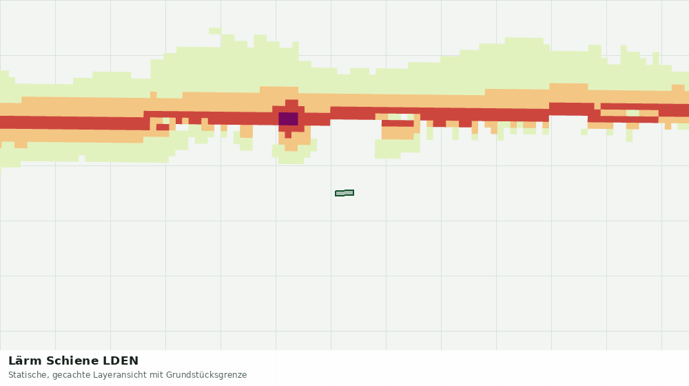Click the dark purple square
coord(288,119)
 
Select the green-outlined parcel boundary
coord(344,193)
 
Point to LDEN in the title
coord(121,361)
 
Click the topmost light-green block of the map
coord(215,31)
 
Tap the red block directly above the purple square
coord(291,103)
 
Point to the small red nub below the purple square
coord(288,135)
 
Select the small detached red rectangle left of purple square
coord(163,127)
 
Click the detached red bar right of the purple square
coord(398,123)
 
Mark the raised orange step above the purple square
coord(279,90)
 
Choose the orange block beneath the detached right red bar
coord(398,133)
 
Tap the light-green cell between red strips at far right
coord(633,113)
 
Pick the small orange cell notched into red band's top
coord(597,106)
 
